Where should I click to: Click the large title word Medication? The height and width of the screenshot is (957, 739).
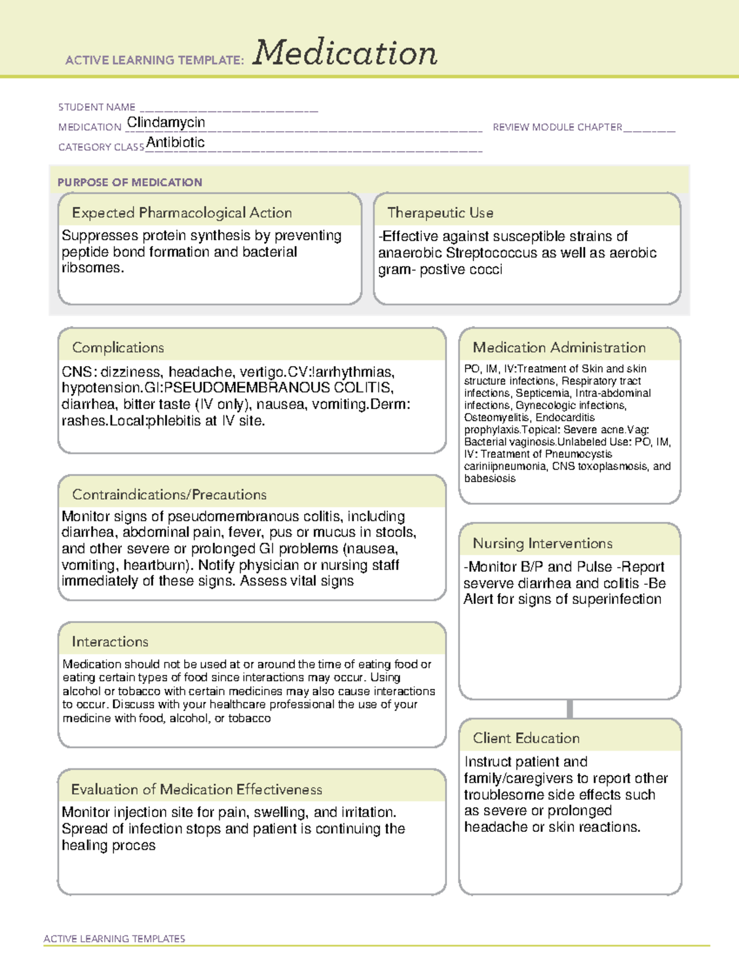click(345, 53)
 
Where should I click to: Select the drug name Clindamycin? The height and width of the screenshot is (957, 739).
click(166, 123)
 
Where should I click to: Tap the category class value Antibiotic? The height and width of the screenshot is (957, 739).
click(176, 142)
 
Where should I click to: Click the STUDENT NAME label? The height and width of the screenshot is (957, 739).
click(97, 107)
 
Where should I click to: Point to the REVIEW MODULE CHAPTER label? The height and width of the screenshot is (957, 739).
click(557, 127)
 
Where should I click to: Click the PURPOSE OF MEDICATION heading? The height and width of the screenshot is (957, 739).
click(129, 182)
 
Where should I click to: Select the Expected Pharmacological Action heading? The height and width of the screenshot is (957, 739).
click(182, 213)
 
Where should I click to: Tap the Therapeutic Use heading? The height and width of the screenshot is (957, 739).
click(440, 213)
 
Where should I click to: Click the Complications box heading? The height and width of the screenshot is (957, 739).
click(118, 348)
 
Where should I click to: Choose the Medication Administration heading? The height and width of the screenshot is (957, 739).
click(559, 348)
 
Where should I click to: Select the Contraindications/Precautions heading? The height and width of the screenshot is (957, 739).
click(169, 494)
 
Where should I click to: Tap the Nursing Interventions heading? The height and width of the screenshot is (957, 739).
click(543, 543)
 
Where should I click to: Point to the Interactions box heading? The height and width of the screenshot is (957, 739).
click(110, 641)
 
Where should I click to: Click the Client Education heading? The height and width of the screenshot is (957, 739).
click(526, 738)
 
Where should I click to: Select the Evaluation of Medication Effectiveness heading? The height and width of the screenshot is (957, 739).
click(196, 789)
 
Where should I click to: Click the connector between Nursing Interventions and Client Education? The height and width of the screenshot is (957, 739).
click(570, 709)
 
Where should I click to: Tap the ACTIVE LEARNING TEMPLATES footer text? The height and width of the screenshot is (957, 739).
click(115, 939)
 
